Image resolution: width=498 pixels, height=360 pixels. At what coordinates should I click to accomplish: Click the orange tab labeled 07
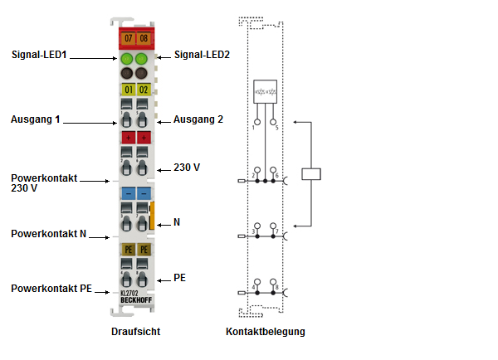[128, 38]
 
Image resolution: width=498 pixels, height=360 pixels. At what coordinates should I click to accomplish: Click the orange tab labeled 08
[143, 38]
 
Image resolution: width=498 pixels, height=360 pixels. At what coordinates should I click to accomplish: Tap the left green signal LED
[128, 59]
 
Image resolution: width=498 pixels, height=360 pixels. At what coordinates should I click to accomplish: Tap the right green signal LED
[143, 59]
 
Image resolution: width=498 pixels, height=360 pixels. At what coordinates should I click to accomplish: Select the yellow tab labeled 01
[128, 89]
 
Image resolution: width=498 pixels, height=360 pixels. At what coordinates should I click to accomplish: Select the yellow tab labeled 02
[143, 89]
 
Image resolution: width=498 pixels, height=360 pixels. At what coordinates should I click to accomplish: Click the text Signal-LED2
[203, 56]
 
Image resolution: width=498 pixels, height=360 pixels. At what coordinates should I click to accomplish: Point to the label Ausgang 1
[36, 119]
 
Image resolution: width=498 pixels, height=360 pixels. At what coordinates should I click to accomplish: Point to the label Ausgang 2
[198, 119]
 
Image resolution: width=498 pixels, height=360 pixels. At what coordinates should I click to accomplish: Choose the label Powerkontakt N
[48, 234]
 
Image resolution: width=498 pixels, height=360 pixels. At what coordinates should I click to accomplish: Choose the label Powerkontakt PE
[51, 288]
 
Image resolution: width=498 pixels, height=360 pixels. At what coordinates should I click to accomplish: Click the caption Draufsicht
[135, 332]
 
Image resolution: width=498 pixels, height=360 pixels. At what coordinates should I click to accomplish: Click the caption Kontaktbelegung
[266, 332]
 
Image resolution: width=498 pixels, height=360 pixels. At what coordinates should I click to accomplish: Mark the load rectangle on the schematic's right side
[311, 174]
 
